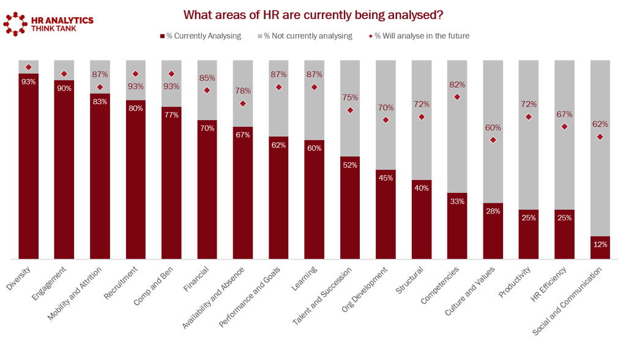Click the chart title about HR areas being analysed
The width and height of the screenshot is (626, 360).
click(313, 14)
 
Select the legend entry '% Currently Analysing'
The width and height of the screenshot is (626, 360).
click(201, 36)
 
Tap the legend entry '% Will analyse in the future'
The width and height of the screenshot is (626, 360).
click(420, 36)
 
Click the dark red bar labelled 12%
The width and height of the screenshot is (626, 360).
click(600, 247)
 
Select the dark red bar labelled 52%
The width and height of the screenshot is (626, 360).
click(350, 208)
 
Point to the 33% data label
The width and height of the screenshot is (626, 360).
click(457, 201)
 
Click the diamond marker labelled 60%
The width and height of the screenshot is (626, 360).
click(493, 140)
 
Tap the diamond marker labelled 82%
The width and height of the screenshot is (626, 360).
click(457, 97)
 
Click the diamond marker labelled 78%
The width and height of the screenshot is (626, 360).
click(243, 103)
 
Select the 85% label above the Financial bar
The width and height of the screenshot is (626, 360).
click(207, 78)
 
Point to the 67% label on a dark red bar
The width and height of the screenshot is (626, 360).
click(243, 135)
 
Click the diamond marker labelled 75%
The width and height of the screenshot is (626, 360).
click(350, 110)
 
